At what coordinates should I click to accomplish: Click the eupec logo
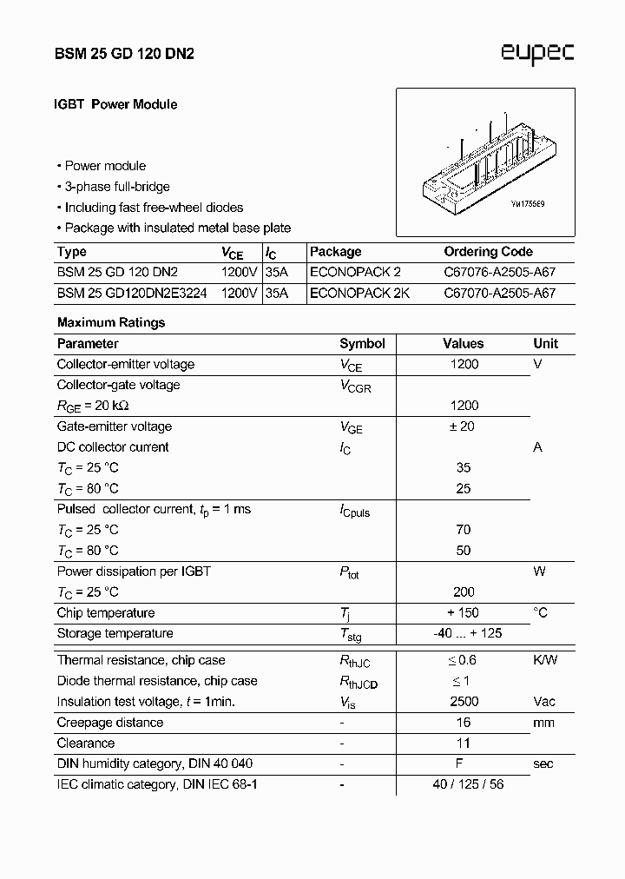537,54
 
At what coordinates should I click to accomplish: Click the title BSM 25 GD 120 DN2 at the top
125,54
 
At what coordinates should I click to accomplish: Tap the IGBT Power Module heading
116,104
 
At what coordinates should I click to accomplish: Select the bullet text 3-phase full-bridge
116,187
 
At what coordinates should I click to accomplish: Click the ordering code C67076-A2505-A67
499,273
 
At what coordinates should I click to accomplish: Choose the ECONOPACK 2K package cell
359,294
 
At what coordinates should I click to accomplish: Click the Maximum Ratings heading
111,322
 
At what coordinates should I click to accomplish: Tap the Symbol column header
362,344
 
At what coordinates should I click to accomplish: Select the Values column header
463,344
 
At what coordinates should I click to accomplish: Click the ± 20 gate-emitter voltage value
464,426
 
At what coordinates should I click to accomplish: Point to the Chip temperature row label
106,613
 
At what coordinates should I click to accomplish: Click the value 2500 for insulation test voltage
464,702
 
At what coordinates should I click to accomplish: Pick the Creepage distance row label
110,723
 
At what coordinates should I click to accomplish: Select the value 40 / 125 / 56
468,784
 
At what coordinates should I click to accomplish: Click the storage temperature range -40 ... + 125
467,633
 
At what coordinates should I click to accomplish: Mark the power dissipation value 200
464,592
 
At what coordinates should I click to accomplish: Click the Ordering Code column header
488,252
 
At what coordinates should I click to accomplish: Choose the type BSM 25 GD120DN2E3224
132,294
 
